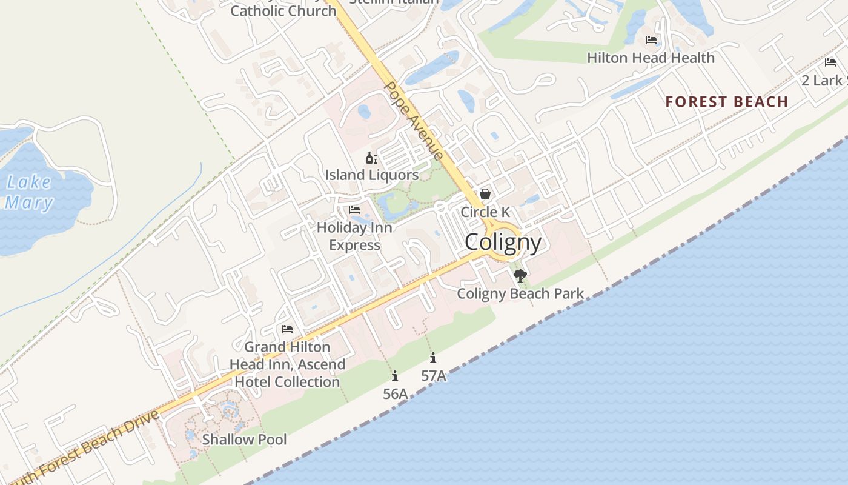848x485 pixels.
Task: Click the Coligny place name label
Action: (503, 242)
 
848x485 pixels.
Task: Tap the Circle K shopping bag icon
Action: (485, 195)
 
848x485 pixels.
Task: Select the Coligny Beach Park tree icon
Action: (520, 276)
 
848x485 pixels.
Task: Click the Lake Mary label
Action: (28, 192)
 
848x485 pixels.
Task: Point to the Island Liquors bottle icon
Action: (371, 158)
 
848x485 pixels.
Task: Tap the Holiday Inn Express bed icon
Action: (354, 210)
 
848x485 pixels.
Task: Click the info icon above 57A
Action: (433, 358)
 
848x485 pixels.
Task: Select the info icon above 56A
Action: (395, 376)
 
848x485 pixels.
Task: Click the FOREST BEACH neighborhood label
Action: (727, 102)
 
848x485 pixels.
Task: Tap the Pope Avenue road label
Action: (415, 121)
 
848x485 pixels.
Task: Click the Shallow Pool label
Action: (244, 440)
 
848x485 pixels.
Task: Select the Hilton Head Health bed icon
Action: (651, 40)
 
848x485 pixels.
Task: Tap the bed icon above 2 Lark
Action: (830, 62)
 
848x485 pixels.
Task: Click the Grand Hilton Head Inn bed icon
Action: (287, 329)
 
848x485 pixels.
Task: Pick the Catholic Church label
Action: (283, 11)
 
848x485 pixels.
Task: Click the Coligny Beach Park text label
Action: (520, 294)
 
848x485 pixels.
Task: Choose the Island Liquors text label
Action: (372, 175)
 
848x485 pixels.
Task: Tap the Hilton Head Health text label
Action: (651, 58)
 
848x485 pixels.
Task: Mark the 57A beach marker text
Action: (434, 376)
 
